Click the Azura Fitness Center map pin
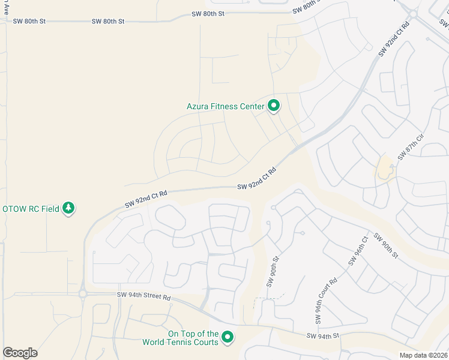[274, 106]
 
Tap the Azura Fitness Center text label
[225, 107]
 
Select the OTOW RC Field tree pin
[69, 208]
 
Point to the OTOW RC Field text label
[31, 209]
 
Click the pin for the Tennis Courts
[228, 337]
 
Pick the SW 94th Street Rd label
[144, 297]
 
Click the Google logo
[20, 353]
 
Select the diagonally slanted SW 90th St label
[385, 245]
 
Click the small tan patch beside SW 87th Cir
[385, 169]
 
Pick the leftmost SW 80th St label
[29, 21]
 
